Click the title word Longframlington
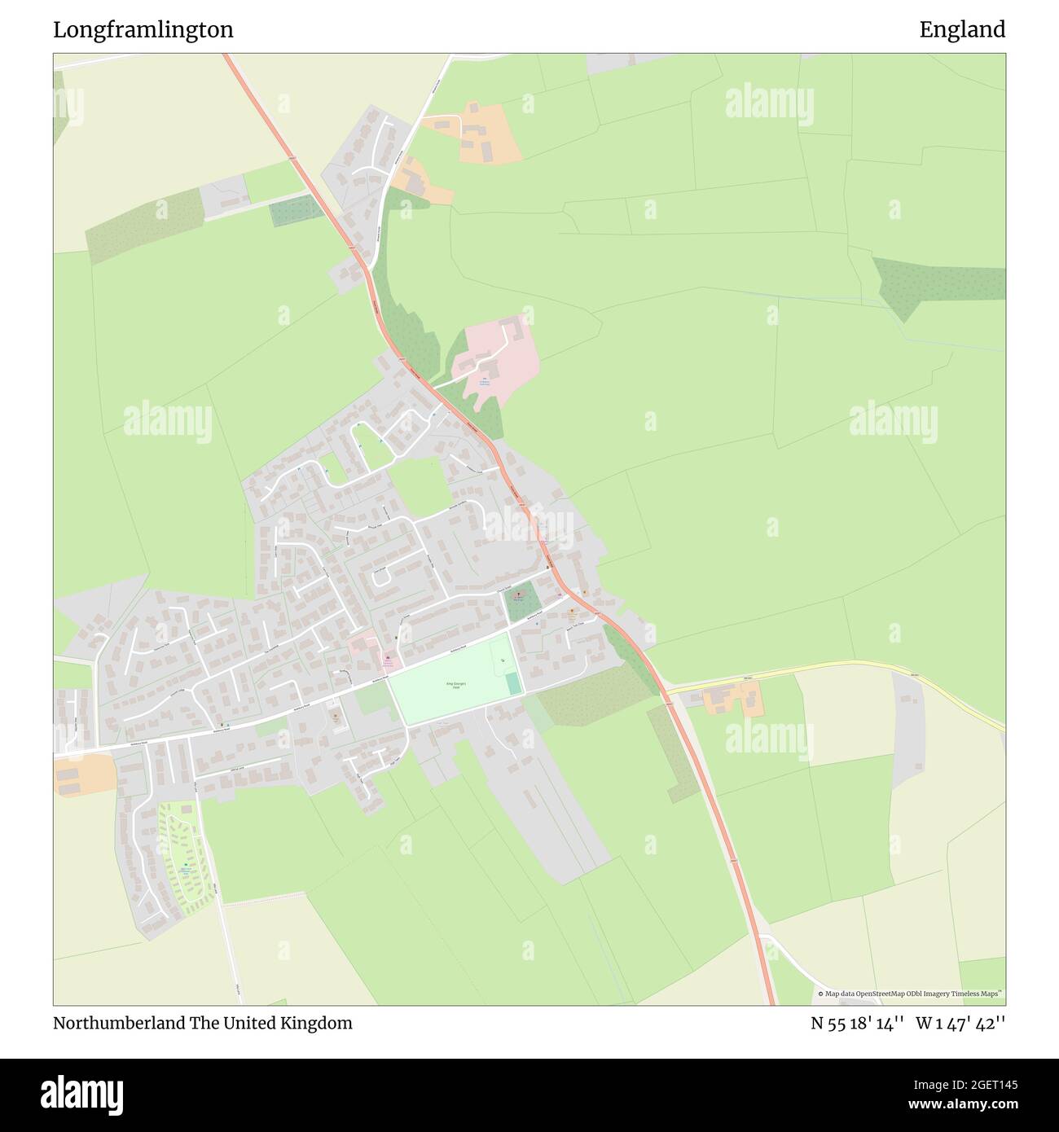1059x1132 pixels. coord(143,30)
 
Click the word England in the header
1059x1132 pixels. coord(962,30)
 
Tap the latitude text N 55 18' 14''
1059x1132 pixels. coord(856,1024)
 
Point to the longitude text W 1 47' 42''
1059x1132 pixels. coord(960,1024)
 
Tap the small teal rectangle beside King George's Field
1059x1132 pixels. coord(513,684)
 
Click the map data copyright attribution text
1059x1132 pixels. coord(911,994)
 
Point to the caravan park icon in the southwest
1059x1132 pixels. coord(186,869)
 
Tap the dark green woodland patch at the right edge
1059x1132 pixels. coord(937,281)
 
